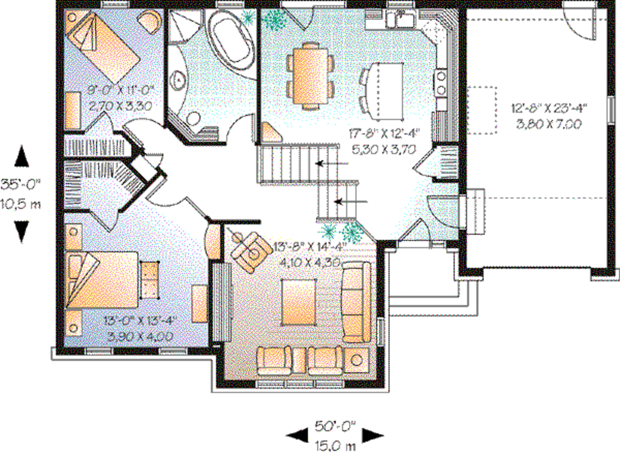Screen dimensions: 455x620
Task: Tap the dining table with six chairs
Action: (311, 75)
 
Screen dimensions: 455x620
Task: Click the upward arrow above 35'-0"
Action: (21, 156)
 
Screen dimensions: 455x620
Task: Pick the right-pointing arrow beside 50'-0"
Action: (373, 434)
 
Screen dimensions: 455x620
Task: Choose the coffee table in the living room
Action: (298, 303)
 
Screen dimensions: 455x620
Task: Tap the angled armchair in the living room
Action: (251, 248)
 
